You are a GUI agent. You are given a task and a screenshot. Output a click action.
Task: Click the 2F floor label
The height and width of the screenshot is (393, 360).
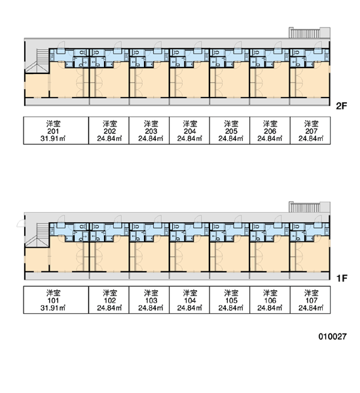click(x=342, y=106)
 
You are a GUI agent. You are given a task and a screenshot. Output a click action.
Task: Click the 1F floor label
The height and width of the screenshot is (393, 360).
click(x=342, y=278)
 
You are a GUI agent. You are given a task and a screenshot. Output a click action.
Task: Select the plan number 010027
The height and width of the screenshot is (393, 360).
click(x=333, y=337)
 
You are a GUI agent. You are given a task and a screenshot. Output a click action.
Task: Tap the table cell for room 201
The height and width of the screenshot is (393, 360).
click(x=56, y=130)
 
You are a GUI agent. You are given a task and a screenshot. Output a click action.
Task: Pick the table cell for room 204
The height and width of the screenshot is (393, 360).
click(x=189, y=130)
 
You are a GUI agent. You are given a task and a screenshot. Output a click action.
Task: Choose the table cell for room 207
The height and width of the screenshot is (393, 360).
click(x=310, y=130)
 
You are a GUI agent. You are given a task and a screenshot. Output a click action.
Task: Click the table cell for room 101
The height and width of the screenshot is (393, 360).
click(x=56, y=300)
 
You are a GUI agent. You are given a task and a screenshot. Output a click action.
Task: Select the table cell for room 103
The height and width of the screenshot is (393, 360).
click(x=149, y=300)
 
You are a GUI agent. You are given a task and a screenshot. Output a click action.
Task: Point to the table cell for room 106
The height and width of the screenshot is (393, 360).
click(x=270, y=300)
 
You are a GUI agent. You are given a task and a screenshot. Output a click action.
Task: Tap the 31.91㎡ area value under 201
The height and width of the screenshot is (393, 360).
click(x=53, y=138)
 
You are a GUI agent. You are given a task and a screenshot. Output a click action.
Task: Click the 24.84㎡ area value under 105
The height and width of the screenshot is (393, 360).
click(x=230, y=308)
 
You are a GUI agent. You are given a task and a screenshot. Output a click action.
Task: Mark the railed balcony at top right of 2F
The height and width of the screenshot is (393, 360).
click(x=310, y=33)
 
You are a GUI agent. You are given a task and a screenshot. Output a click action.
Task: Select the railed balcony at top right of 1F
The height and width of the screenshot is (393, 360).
click(x=310, y=207)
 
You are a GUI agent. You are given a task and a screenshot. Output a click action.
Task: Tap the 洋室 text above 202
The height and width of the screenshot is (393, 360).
click(x=110, y=124)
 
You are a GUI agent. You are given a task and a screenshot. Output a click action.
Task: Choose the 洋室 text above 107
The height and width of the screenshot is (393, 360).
click(x=311, y=293)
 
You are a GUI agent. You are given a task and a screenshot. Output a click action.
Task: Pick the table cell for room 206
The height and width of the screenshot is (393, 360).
click(x=270, y=130)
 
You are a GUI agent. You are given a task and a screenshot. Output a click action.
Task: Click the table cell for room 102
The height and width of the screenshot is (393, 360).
click(x=109, y=300)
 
